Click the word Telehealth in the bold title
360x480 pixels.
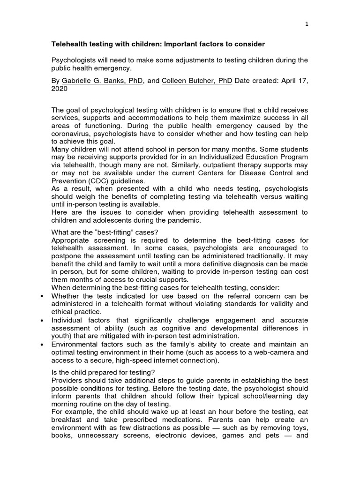pos(70,44)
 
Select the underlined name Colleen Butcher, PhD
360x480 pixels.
pos(197,81)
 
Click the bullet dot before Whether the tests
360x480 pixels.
pos(43,296)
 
